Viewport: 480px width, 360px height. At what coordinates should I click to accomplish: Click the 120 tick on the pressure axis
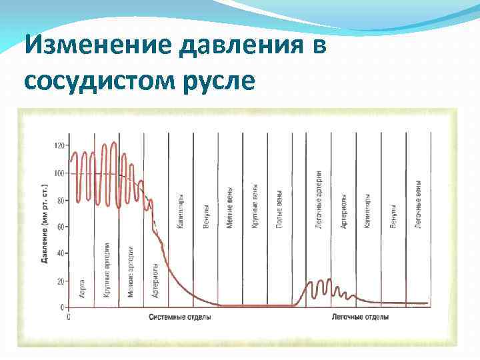(61, 145)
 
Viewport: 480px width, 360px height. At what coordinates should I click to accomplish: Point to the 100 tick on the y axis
(61, 173)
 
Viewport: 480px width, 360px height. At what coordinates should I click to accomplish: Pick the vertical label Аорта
(82, 287)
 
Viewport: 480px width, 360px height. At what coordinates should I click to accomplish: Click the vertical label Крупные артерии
(107, 269)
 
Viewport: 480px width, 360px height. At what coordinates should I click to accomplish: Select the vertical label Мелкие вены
(229, 207)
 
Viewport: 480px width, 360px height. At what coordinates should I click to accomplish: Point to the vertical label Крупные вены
(255, 207)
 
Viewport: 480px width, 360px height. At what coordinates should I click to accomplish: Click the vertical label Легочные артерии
(319, 200)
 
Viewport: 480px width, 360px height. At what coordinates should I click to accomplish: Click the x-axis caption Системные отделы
(180, 317)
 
